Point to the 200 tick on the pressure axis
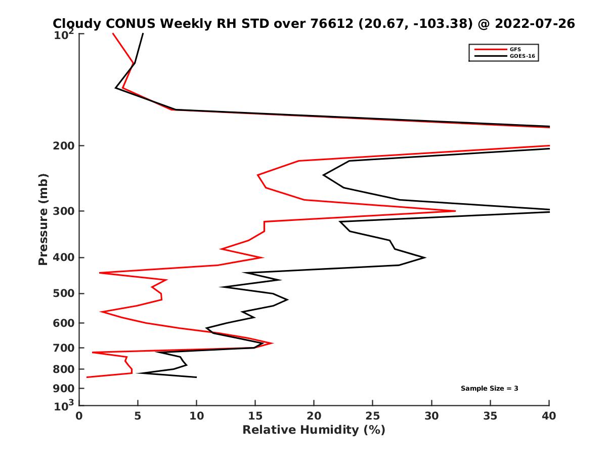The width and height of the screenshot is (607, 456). click(x=65, y=146)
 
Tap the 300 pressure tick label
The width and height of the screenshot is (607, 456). click(x=65, y=211)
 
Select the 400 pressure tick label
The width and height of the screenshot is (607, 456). click(x=65, y=257)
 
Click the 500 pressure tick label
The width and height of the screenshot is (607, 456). click(x=65, y=293)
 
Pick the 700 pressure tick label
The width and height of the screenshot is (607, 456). click(x=65, y=348)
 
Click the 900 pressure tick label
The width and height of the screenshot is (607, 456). click(x=65, y=389)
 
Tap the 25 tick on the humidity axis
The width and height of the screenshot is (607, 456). click(x=373, y=416)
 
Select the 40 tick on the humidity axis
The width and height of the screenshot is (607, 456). click(x=549, y=416)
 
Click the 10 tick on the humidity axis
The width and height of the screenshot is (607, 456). click(x=196, y=416)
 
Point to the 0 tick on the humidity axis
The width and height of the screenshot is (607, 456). click(x=79, y=416)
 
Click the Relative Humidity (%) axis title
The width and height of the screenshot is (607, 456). click(x=314, y=430)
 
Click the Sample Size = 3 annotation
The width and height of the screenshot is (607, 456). click(x=489, y=389)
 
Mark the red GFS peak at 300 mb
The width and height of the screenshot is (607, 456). click(x=455, y=211)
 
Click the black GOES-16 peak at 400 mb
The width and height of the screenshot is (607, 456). click(x=425, y=257)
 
